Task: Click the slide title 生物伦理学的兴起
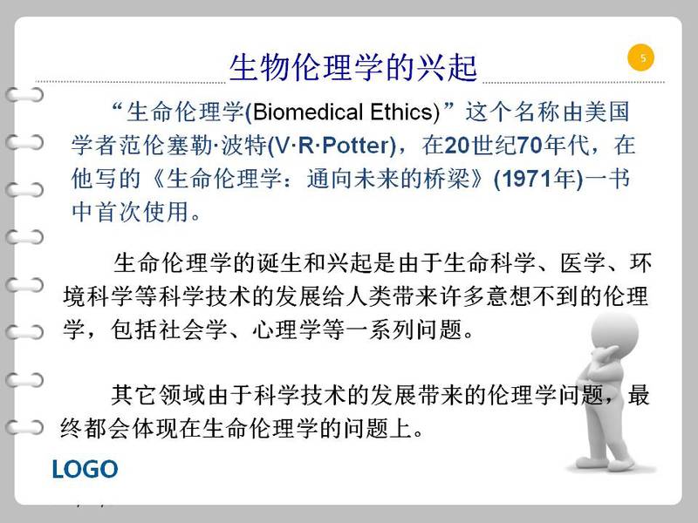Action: click(x=353, y=68)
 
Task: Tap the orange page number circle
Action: click(x=641, y=58)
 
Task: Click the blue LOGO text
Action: click(x=85, y=469)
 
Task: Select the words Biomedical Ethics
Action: click(x=346, y=112)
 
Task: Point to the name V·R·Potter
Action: click(x=332, y=146)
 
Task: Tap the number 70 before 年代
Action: click(x=530, y=146)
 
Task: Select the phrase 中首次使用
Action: click(x=130, y=212)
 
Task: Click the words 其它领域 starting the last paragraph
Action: click(x=158, y=395)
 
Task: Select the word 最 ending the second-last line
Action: click(x=639, y=395)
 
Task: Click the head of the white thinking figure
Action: click(x=615, y=335)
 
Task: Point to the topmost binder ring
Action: click(x=25, y=95)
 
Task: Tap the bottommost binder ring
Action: click(x=25, y=428)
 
